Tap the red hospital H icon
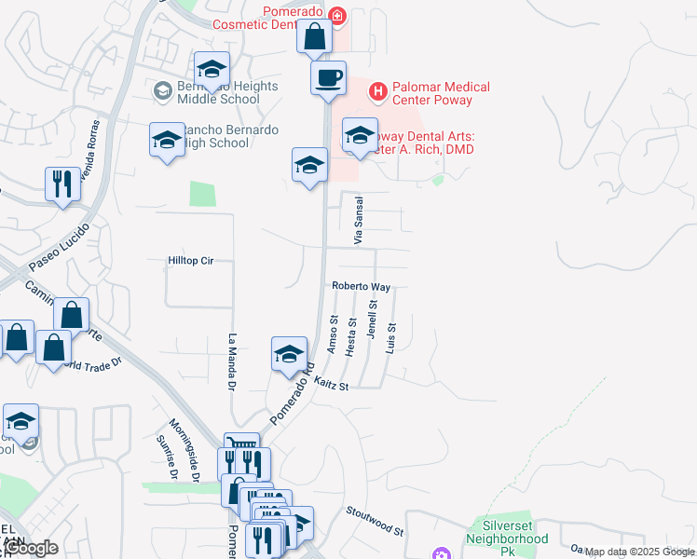pos(377,91)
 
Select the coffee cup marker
pos(328,78)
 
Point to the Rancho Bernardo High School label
pos(216,136)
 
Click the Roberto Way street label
pos(361,288)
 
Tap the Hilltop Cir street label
pos(191,261)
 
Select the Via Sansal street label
pos(357,221)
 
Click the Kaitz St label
pos(331,385)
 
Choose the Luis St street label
pos(391,336)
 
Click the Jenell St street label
pos(372,318)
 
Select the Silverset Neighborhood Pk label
pos(508,532)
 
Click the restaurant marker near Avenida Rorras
pos(62,184)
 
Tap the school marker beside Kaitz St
pos(289,353)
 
